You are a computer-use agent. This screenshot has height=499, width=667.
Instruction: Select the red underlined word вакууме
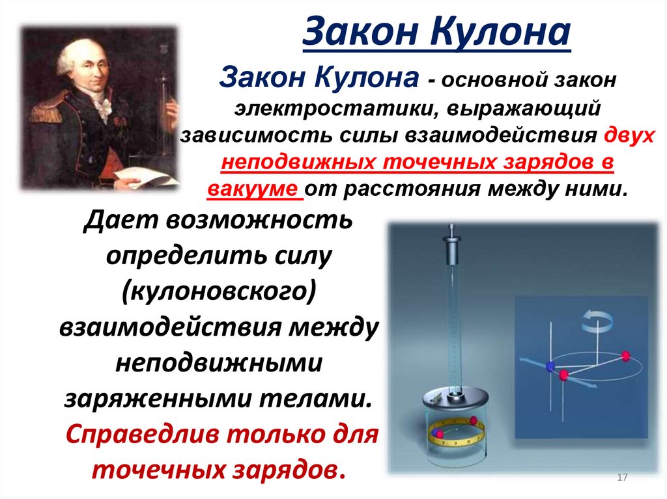(x=255, y=190)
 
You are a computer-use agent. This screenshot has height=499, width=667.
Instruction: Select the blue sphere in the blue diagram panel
(x=550, y=366)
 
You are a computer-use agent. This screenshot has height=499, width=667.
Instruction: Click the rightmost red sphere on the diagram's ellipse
(x=626, y=355)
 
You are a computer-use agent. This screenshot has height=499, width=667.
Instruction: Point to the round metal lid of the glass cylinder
(x=453, y=398)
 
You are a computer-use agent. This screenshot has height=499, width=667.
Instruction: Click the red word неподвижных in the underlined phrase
(x=294, y=163)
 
